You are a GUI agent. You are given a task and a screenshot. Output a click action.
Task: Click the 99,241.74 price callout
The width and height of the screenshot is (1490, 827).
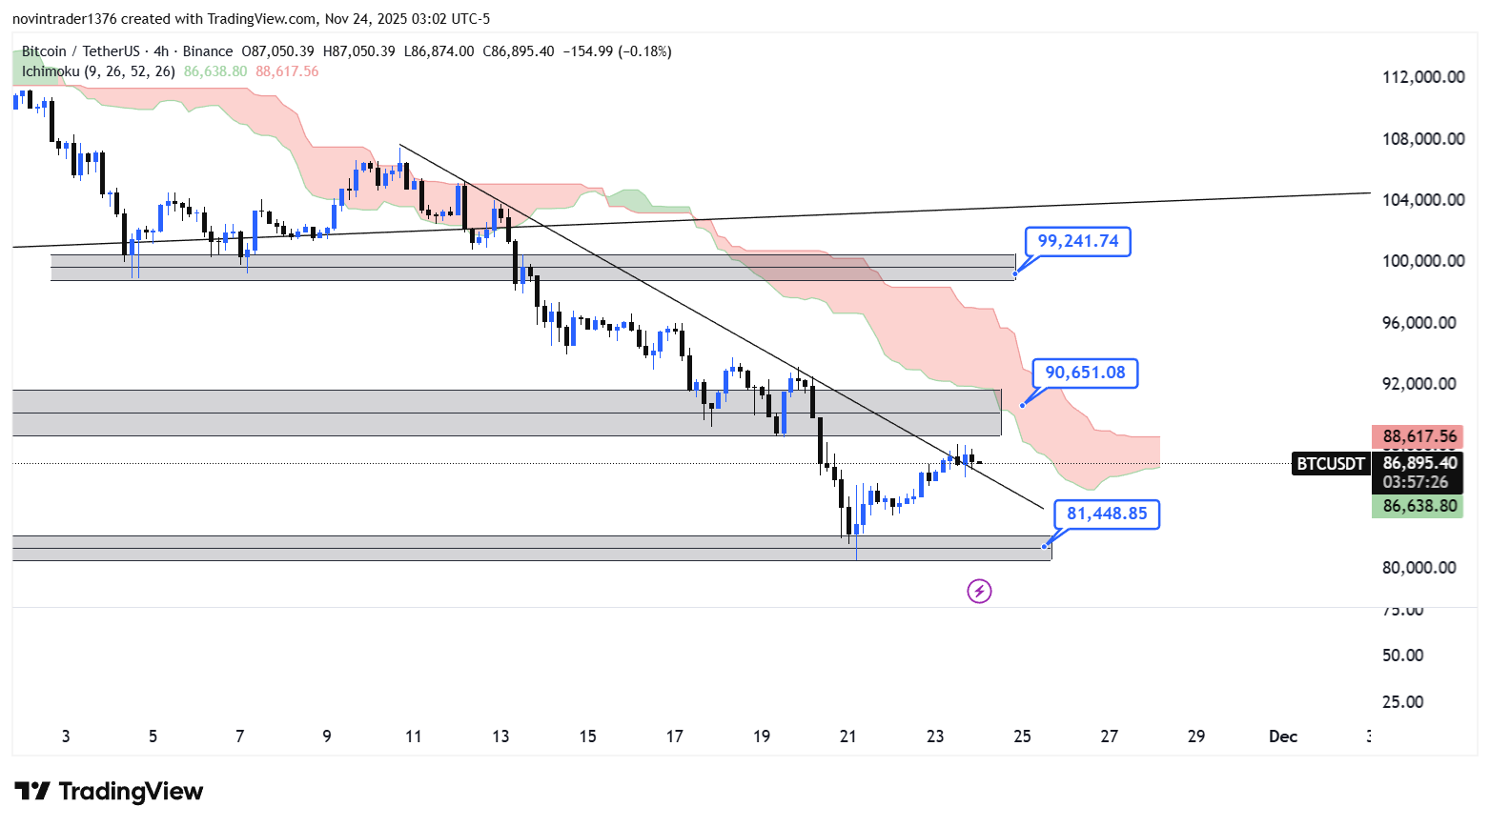tap(1077, 242)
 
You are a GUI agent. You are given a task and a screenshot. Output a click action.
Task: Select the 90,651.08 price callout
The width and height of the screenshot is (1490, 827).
tap(1085, 373)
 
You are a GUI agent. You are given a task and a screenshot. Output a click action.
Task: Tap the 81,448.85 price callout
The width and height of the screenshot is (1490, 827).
tap(1106, 514)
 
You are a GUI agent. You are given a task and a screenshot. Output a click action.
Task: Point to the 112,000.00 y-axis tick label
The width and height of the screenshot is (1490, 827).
tap(1423, 77)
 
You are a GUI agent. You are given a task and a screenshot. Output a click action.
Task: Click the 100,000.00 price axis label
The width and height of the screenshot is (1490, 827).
tap(1423, 261)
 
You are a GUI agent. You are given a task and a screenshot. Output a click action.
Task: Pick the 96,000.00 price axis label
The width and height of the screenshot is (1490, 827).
tap(1423, 323)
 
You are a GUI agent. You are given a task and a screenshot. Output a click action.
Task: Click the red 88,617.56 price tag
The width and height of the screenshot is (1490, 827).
tap(1419, 437)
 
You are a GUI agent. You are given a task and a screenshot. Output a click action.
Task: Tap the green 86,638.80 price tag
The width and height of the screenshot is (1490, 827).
tap(1419, 506)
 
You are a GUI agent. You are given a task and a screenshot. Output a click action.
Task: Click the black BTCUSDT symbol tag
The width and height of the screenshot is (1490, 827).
tap(1330, 464)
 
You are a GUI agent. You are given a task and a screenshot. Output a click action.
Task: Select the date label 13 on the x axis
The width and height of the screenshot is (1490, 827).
tap(500, 736)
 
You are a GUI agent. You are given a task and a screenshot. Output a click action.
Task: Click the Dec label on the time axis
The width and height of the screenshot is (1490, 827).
tap(1282, 736)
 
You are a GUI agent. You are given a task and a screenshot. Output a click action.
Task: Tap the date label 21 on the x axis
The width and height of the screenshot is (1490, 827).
tap(847, 736)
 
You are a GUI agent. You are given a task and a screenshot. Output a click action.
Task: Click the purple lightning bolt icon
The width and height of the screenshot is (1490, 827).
tap(979, 592)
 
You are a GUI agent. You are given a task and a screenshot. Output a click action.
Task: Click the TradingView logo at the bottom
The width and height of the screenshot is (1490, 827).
tap(109, 792)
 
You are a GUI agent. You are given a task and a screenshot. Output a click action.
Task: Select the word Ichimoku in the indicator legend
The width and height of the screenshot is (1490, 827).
tap(51, 71)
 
